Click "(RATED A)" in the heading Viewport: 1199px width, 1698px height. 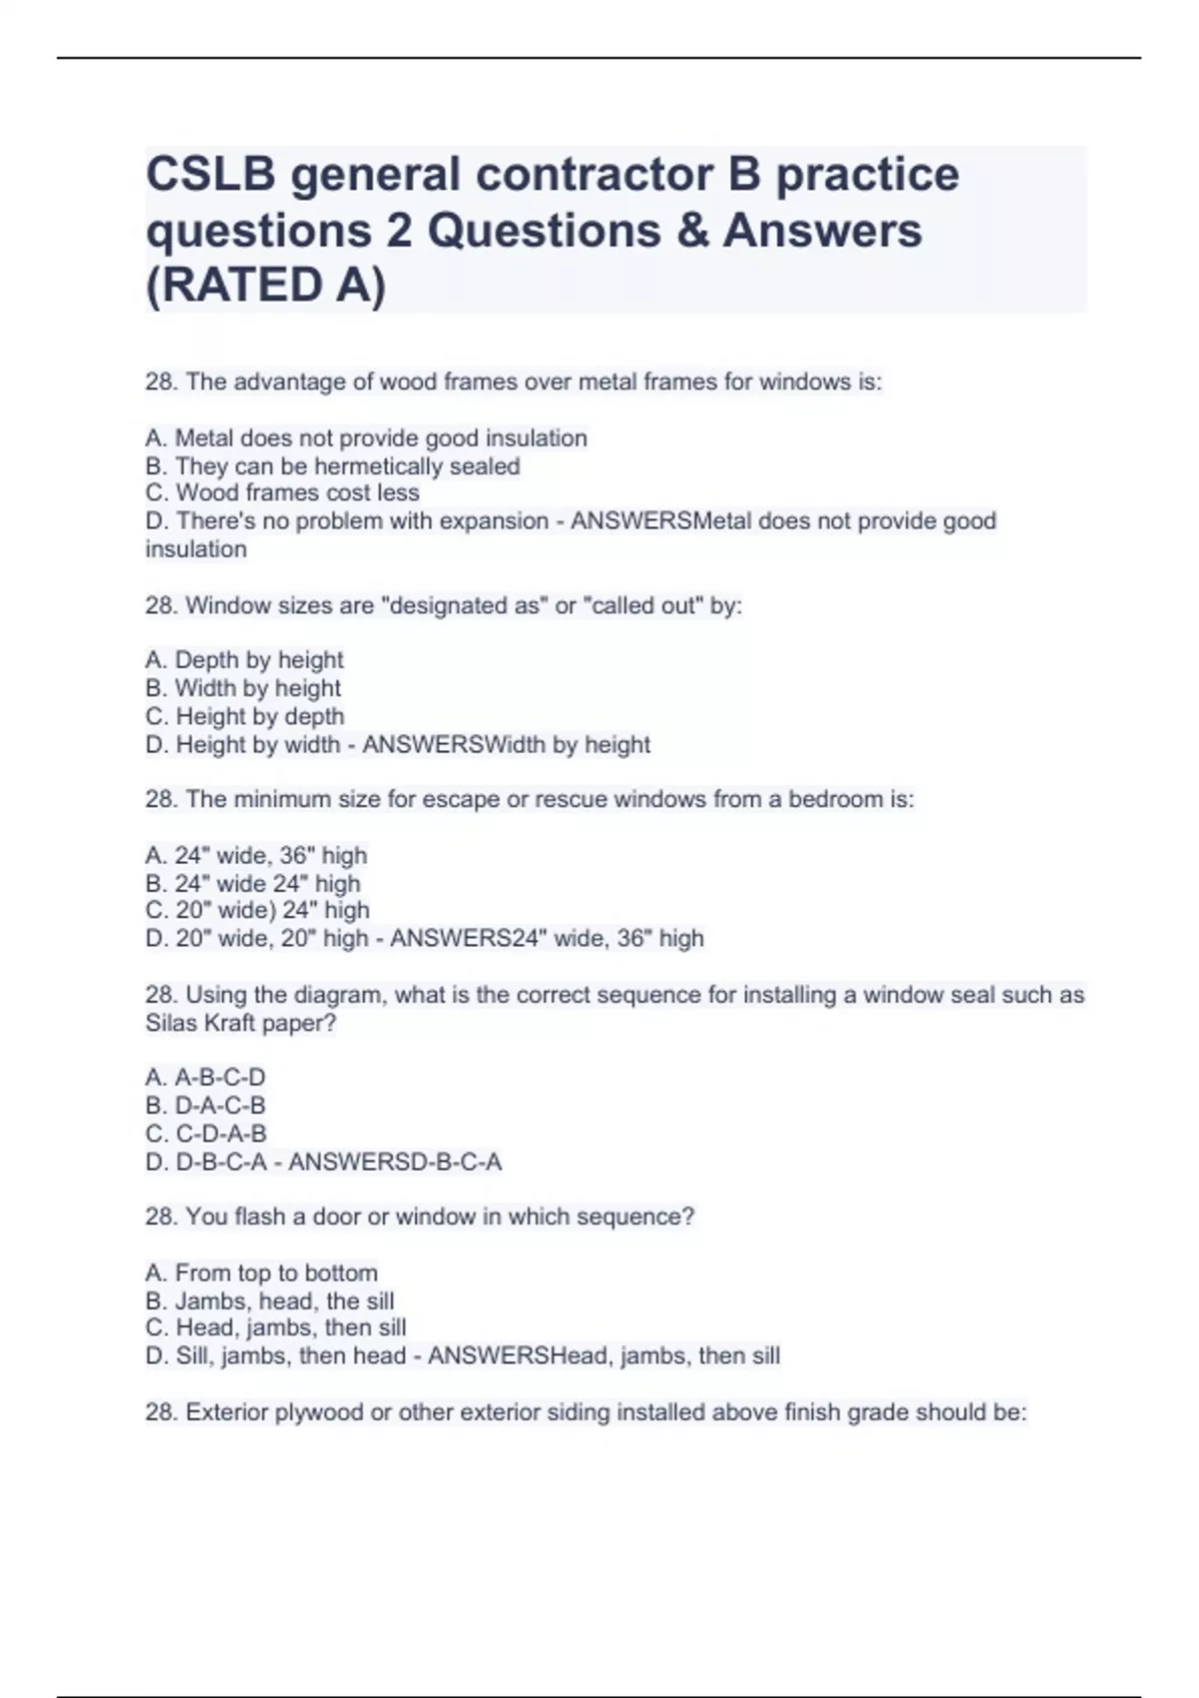tap(266, 286)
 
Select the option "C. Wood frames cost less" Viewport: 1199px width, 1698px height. tap(282, 492)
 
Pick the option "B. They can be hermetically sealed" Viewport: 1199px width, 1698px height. tap(332, 465)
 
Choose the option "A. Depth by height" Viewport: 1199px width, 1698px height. tap(244, 659)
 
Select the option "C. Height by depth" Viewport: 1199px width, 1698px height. tap(244, 716)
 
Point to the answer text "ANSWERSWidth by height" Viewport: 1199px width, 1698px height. tap(506, 744)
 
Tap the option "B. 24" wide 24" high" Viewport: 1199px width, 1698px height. tap(252, 883)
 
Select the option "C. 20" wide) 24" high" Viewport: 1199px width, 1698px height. tap(257, 910)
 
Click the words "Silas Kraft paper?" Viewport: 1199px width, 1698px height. tap(240, 1023)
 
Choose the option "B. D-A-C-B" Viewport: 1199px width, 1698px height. tap(205, 1105)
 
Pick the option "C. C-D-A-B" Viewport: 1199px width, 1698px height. tap(206, 1133)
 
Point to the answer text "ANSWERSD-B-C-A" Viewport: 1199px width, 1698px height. tap(395, 1162)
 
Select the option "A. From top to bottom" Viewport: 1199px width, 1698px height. tap(261, 1273)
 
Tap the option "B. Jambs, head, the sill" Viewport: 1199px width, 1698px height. tap(269, 1300)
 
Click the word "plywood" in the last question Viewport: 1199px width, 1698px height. tap(319, 1412)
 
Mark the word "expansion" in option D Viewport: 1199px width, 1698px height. tap(489, 520)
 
